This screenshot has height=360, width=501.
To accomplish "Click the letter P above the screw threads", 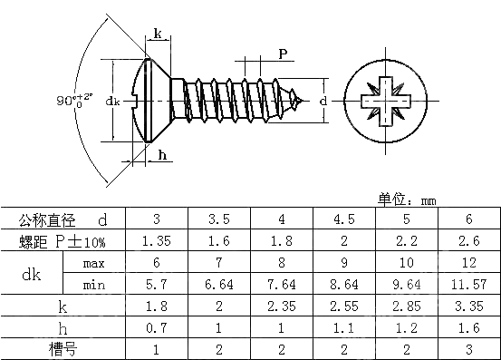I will coord(283,54).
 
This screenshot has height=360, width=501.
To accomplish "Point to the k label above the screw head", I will coord(158,34).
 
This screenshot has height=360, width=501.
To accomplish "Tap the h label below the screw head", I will coord(163,155).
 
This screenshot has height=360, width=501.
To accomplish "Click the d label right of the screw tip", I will coord(323,100).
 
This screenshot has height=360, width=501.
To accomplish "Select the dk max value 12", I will coord(468,263).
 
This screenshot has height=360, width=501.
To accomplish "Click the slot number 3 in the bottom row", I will coord(468,348).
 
